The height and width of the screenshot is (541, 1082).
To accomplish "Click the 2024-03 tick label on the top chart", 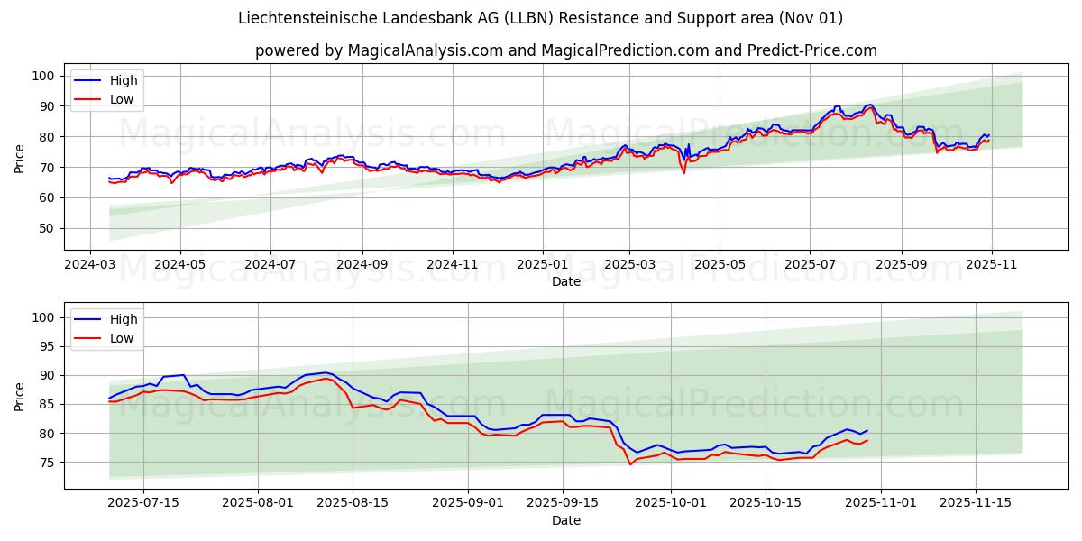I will pyautogui.click(x=89, y=266).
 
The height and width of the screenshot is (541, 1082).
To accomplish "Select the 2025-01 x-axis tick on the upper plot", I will pyautogui.click(x=543, y=266).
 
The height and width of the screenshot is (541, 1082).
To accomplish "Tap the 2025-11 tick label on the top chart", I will pyautogui.click(x=992, y=266).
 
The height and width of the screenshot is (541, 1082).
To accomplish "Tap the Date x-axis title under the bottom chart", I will pyautogui.click(x=566, y=520).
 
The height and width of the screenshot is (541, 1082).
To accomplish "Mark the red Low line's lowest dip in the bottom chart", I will pyautogui.click(x=630, y=463).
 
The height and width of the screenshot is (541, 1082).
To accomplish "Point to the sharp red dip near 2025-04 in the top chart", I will pyautogui.click(x=683, y=172).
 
